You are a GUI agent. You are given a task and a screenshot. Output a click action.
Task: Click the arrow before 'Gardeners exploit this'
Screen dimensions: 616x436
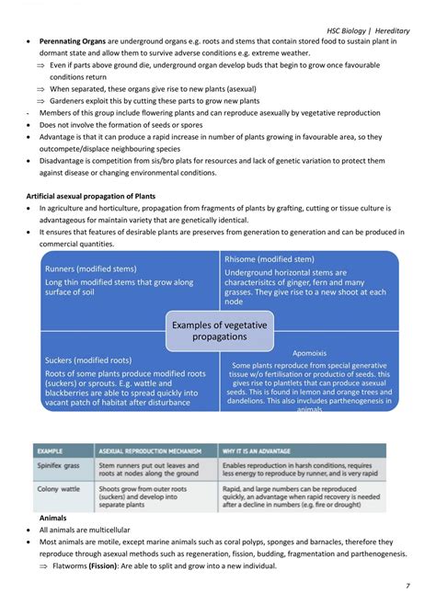pyautogui.click(x=41, y=100)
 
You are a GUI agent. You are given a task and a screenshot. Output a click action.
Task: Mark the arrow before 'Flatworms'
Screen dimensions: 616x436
pyautogui.click(x=41, y=565)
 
